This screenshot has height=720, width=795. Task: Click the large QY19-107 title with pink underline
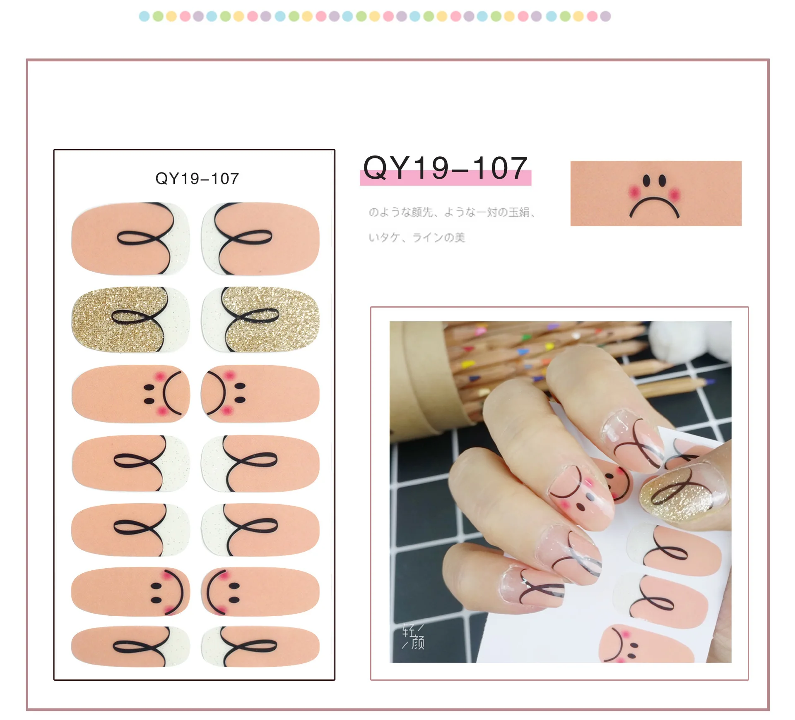pyautogui.click(x=445, y=169)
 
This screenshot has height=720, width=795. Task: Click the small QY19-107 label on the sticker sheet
pyautogui.click(x=197, y=179)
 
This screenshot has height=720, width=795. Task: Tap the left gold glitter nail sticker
pyautogui.click(x=130, y=320)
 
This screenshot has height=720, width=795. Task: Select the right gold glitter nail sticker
pyautogui.click(x=260, y=320)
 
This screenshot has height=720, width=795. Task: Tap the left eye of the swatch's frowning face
pyautogui.click(x=646, y=180)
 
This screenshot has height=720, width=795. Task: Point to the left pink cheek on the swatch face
pyautogui.click(x=634, y=193)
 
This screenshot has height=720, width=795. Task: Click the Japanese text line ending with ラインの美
pyautogui.click(x=417, y=237)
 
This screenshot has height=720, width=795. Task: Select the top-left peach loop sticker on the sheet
pyautogui.click(x=130, y=239)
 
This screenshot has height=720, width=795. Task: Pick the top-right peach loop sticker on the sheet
pyautogui.click(x=260, y=239)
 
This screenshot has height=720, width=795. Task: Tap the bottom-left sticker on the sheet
pyautogui.click(x=130, y=646)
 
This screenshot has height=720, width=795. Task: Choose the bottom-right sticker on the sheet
pyautogui.click(x=260, y=646)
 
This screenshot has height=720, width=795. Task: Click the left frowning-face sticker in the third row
pyautogui.click(x=130, y=394)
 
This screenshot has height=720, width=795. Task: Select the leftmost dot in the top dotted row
pyautogui.click(x=144, y=17)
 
